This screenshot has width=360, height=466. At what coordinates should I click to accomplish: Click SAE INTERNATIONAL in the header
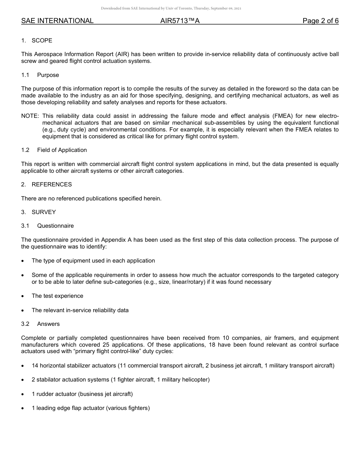coord(57,21)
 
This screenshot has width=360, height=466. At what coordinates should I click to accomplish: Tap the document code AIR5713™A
coord(180,21)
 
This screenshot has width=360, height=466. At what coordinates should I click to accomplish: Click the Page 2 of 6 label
coord(320,21)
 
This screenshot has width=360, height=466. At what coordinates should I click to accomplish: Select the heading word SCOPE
coord(42,41)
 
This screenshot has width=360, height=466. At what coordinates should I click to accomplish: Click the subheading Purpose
coord(48,75)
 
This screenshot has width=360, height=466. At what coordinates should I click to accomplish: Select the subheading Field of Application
coord(62,150)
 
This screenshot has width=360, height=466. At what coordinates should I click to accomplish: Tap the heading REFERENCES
coord(52,185)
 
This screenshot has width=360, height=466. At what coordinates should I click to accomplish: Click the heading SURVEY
coord(44,212)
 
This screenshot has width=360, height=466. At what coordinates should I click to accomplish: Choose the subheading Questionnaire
coord(55,226)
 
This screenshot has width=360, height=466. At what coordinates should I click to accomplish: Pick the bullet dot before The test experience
coord(23,296)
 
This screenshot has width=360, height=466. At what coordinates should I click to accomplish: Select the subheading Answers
coord(48,324)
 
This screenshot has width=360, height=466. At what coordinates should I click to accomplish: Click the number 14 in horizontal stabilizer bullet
coord(35,366)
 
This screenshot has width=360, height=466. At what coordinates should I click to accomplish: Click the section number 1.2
coord(25,150)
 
